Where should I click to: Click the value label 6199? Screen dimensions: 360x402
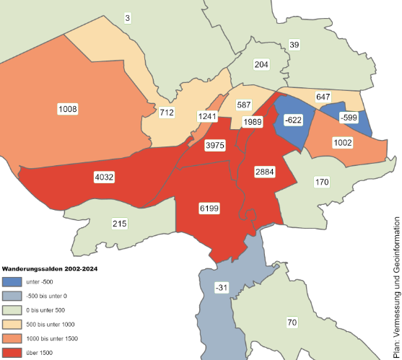pyautogui.click(x=209, y=208)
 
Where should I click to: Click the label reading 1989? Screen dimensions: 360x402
pyautogui.click(x=252, y=122)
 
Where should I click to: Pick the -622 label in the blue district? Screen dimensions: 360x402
pyautogui.click(x=293, y=120)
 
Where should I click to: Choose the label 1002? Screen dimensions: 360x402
pyautogui.click(x=342, y=144)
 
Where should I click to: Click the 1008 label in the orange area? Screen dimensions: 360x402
pyautogui.click(x=67, y=109)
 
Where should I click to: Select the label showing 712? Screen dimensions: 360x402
pyautogui.click(x=167, y=113)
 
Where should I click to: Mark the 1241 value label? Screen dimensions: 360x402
pyautogui.click(x=208, y=117)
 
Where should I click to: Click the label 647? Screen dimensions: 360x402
pyautogui.click(x=323, y=97)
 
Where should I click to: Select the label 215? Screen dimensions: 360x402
pyautogui.click(x=120, y=224)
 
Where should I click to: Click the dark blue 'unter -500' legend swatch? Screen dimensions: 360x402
pyautogui.click(x=12, y=281)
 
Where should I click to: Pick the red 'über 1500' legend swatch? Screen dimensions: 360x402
pyautogui.click(x=12, y=352)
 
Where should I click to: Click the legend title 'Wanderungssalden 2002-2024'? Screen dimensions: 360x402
pyautogui.click(x=50, y=268)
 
